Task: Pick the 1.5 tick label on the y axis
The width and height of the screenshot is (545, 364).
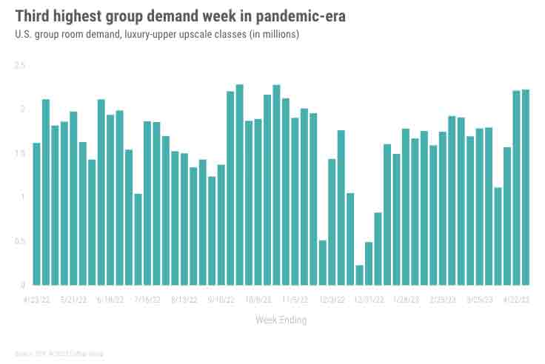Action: pyautogui.click(x=19, y=153)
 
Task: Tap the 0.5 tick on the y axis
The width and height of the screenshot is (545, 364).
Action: pyautogui.click(x=19, y=241)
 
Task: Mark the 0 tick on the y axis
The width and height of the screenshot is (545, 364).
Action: pyautogui.click(x=23, y=285)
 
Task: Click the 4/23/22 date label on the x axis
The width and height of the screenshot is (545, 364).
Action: pyautogui.click(x=36, y=300)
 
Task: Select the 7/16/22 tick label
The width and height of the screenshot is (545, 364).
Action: pyautogui.click(x=147, y=300)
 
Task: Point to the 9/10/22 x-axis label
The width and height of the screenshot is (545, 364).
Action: pyautogui.click(x=221, y=300)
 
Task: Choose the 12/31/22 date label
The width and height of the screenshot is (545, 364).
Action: pyautogui.click(x=369, y=300)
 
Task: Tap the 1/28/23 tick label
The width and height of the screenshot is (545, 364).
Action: pyautogui.click(x=406, y=300)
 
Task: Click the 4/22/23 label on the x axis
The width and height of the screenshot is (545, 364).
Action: pyautogui.click(x=517, y=300)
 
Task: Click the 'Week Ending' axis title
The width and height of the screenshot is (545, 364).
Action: pyautogui.click(x=281, y=320)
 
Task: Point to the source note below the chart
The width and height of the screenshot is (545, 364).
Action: pyautogui.click(x=59, y=354)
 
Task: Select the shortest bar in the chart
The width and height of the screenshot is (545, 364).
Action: pyautogui.click(x=360, y=274)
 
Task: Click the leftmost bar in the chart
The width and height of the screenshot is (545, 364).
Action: pyautogui.click(x=36, y=214)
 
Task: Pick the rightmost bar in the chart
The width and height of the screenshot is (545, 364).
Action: pyautogui.click(x=526, y=187)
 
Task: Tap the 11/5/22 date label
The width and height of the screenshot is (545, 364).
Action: pyautogui.click(x=295, y=300)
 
